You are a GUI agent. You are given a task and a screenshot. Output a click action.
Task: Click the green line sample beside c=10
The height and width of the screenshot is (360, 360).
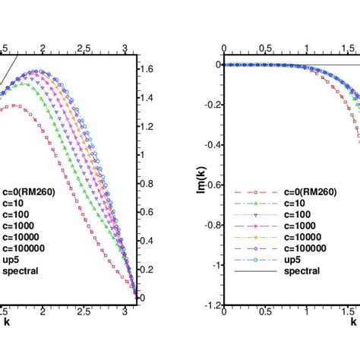(x=252, y=204)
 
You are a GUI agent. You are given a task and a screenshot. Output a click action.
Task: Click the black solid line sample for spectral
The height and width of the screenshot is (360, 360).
(x=252, y=270)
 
